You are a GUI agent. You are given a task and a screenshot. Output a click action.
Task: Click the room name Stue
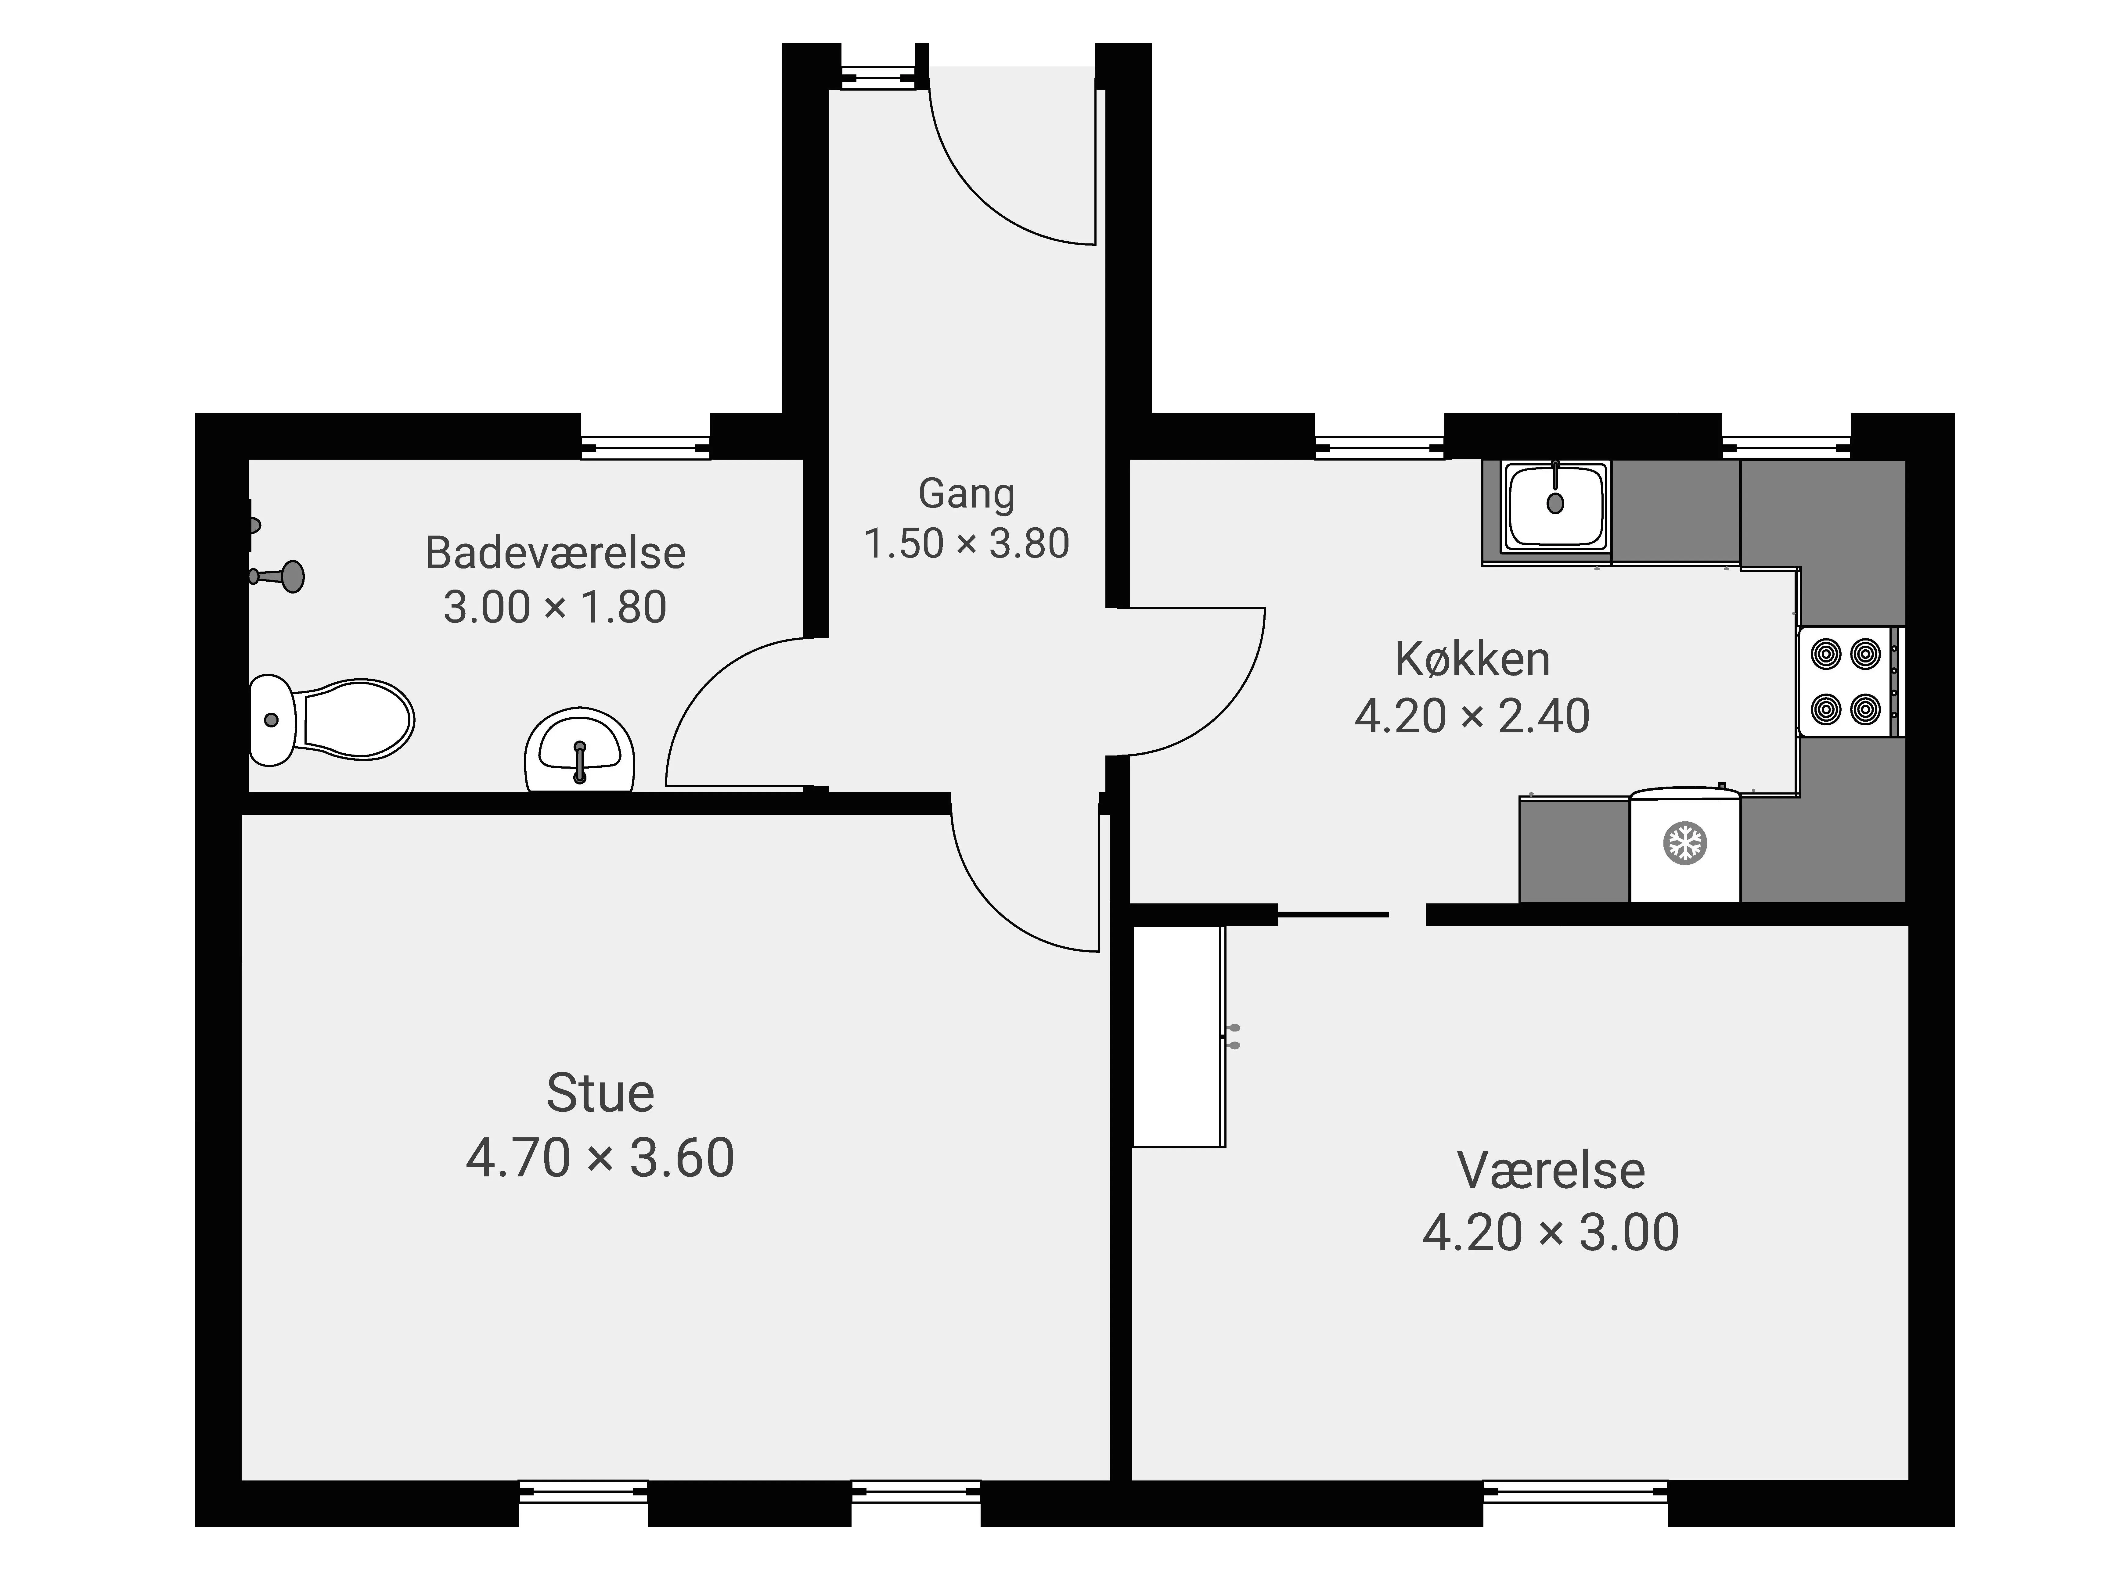tap(600, 1094)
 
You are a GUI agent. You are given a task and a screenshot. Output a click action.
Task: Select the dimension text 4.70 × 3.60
tap(600, 1157)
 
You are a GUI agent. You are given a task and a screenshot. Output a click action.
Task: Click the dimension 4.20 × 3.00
tap(1551, 1233)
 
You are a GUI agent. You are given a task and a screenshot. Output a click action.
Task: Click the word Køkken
tap(1472, 659)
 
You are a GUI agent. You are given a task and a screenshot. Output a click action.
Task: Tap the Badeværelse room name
tap(555, 554)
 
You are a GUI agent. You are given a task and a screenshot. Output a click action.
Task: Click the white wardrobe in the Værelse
tap(1179, 1036)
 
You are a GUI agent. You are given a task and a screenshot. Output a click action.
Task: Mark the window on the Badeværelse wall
tap(646, 447)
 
